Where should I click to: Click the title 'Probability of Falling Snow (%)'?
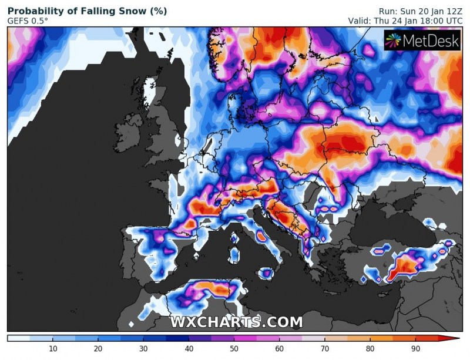tap(87, 11)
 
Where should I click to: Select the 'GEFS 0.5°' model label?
tap(28, 21)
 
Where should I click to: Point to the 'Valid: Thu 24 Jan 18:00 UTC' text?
tap(406, 21)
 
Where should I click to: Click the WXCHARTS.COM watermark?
tap(236, 322)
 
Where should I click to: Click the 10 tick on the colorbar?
tap(53, 349)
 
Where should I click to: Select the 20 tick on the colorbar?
tap(98, 349)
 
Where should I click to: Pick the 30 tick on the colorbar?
tap(143, 349)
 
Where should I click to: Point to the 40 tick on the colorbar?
tap(189, 349)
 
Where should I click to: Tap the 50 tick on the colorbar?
tap(234, 349)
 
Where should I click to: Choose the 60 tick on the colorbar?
tap(279, 349)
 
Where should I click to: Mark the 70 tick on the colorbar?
tap(324, 349)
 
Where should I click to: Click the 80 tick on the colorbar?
tap(370, 349)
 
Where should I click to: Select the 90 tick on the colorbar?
tap(415, 349)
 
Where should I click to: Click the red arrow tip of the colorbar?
tap(456, 338)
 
